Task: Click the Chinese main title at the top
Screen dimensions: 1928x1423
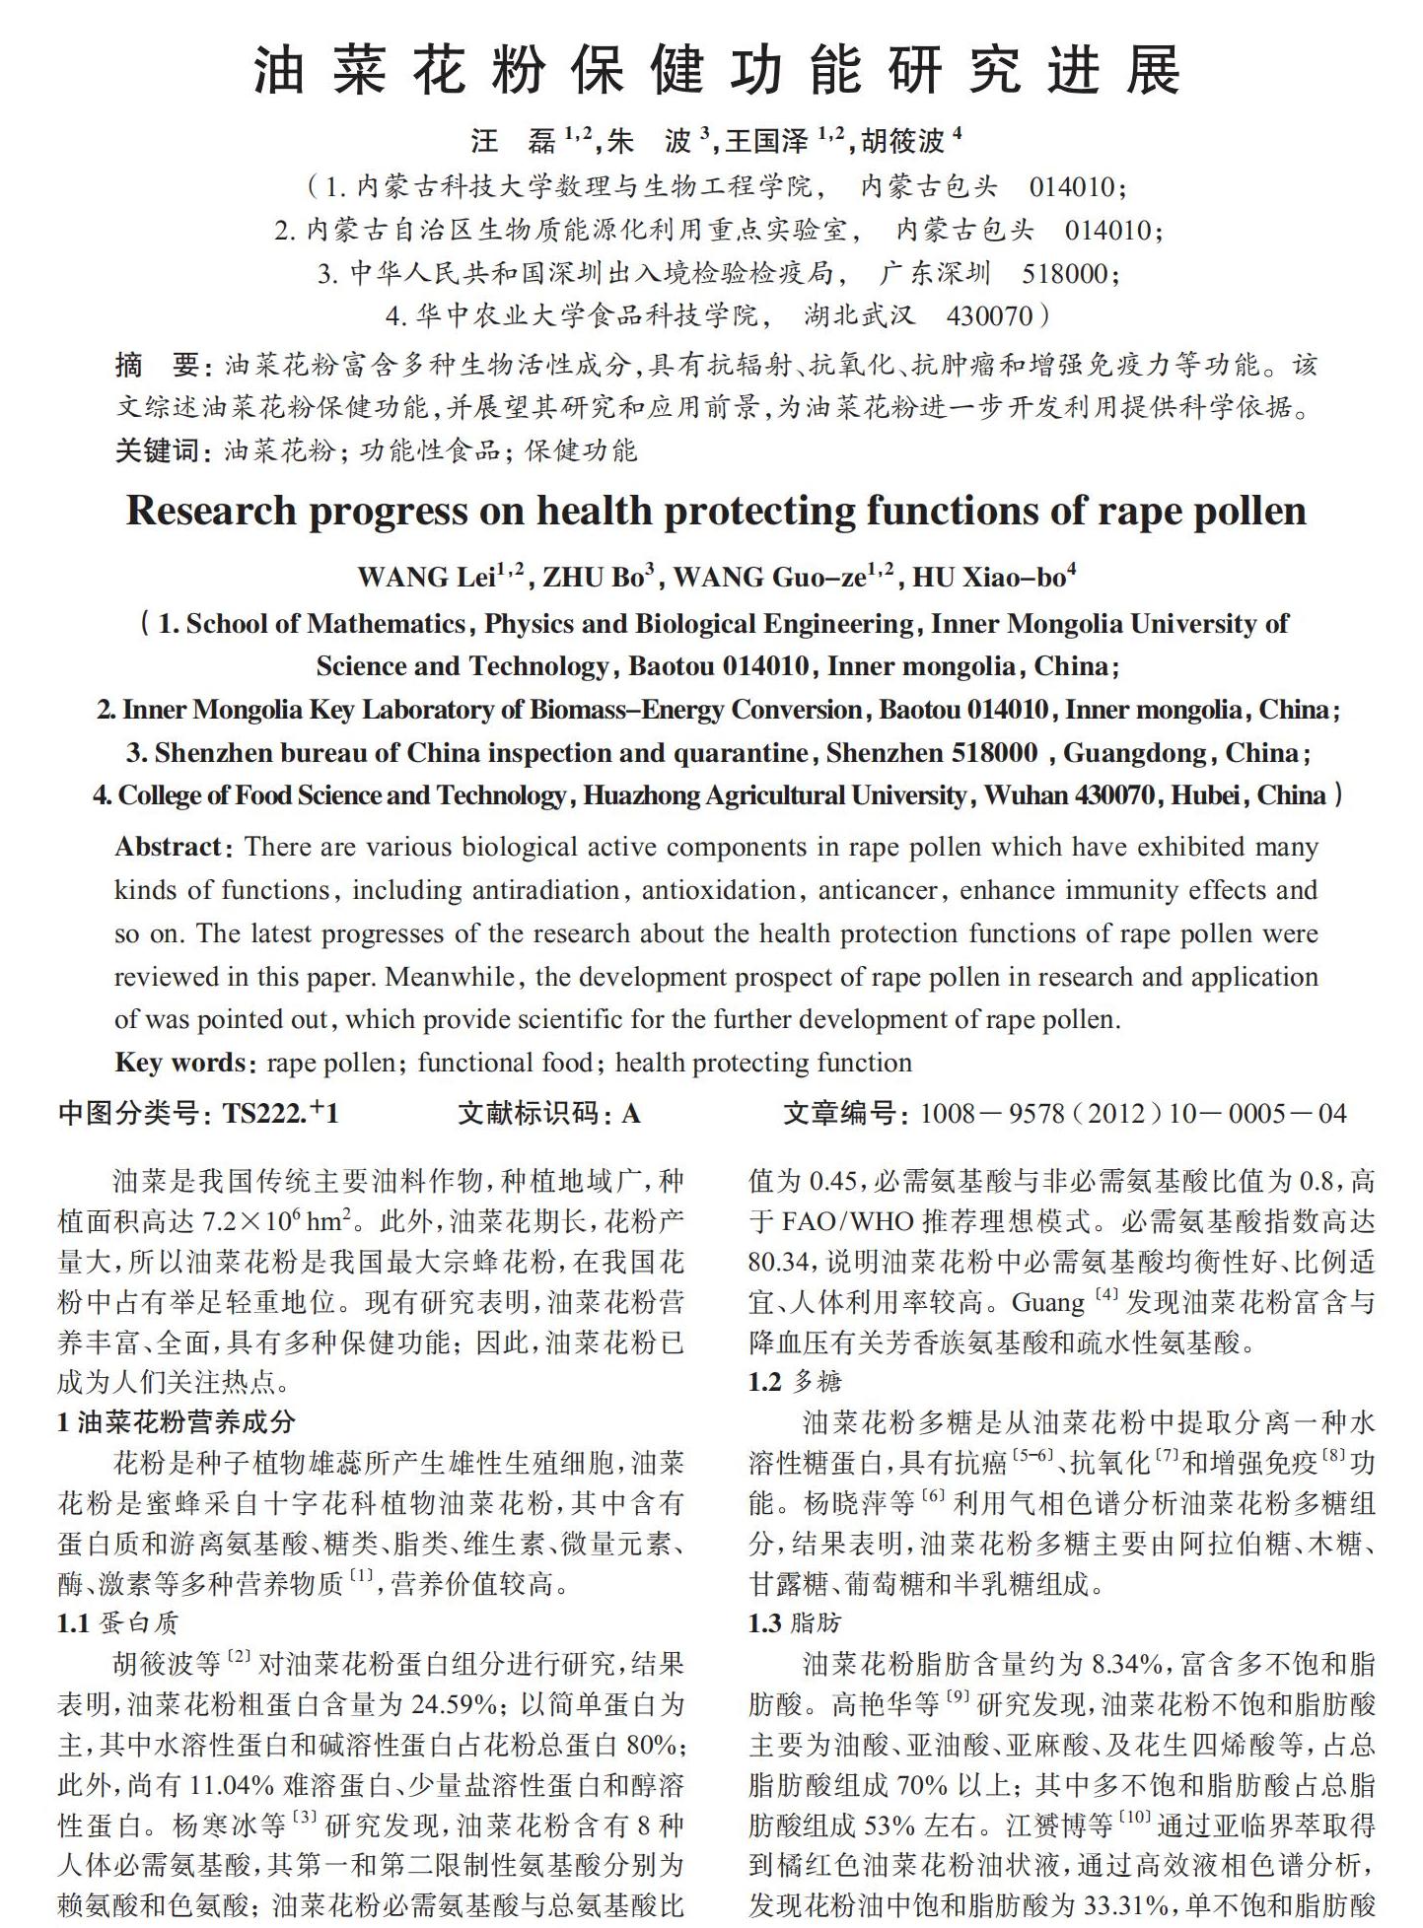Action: pyautogui.click(x=716, y=71)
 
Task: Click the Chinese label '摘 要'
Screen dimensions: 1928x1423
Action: pyautogui.click(x=158, y=366)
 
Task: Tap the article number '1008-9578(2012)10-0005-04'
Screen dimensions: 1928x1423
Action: pyautogui.click(x=1132, y=1114)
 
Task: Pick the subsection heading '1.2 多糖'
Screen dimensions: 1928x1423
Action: pyautogui.click(x=794, y=1381)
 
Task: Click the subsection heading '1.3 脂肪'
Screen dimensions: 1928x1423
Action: pyautogui.click(x=794, y=1623)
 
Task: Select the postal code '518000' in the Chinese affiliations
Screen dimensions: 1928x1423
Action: pyautogui.click(x=1064, y=273)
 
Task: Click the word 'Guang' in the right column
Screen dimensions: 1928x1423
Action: pyautogui.click(x=1048, y=1302)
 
